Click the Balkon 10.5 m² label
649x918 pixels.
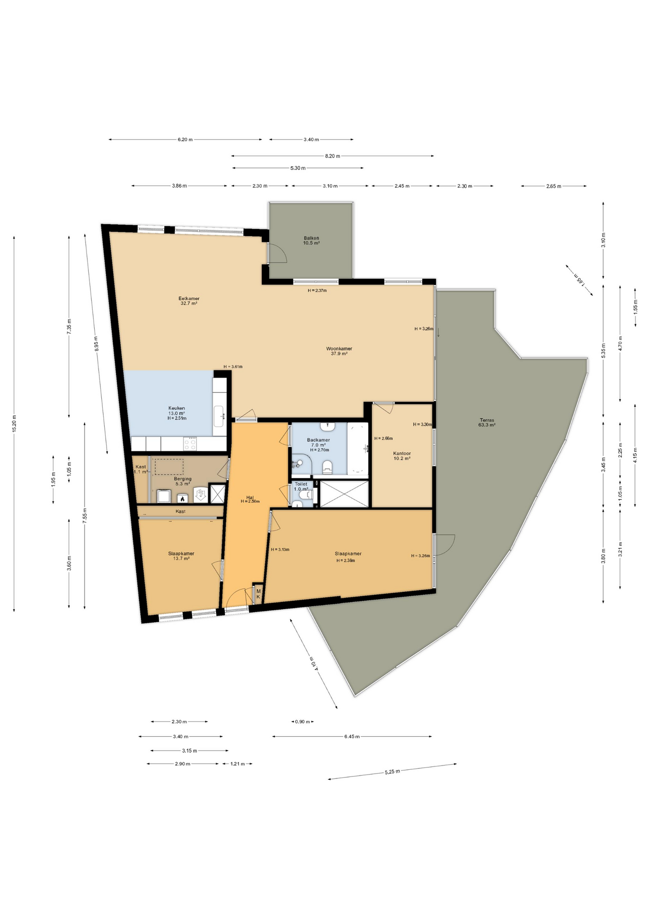tap(311, 240)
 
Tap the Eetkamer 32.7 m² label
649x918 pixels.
tap(189, 301)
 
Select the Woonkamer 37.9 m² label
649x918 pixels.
tap(339, 351)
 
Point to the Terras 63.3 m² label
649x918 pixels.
tap(487, 422)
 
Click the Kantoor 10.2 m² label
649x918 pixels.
tap(401, 456)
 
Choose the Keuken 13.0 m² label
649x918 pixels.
tap(176, 413)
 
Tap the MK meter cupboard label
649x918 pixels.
tap(258, 594)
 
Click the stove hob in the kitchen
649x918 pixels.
tap(190, 444)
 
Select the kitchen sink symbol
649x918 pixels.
tap(219, 416)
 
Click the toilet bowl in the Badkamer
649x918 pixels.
tap(327, 466)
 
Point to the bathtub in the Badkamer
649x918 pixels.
tap(357, 448)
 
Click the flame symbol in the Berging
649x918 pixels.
tap(182, 498)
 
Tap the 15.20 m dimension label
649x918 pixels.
tap(14, 423)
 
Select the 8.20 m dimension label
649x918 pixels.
tap(332, 156)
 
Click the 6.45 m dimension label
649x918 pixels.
tap(352, 736)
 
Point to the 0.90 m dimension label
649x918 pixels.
tap(302, 721)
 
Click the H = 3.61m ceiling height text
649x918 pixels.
tap(233, 367)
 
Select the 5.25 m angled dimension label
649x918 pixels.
tap(392, 772)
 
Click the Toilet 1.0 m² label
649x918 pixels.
tap(301, 486)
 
